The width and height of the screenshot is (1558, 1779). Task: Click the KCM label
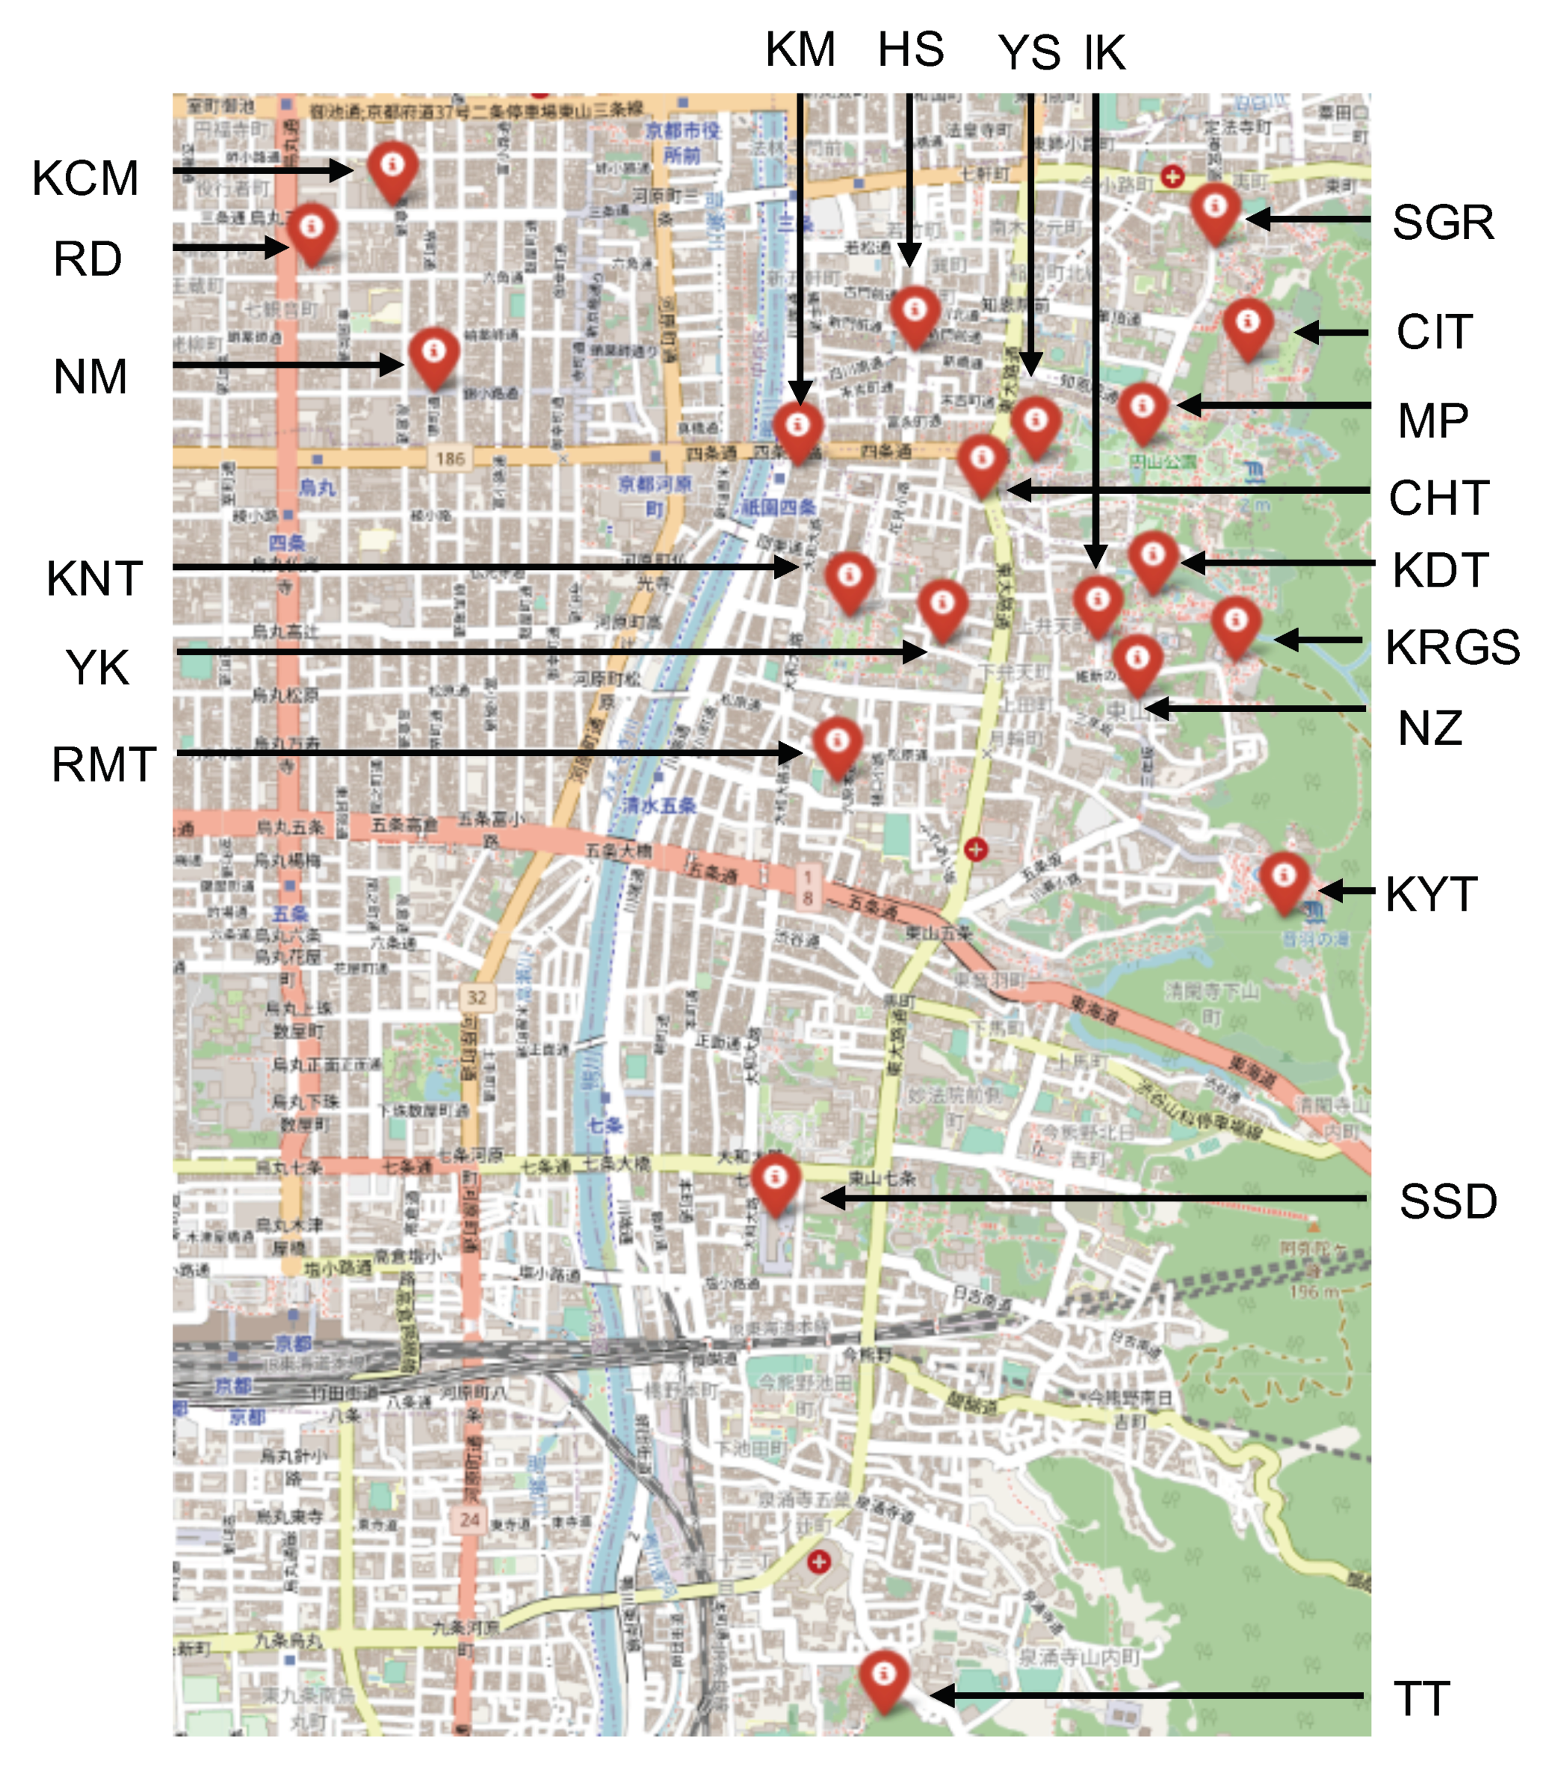tap(85, 179)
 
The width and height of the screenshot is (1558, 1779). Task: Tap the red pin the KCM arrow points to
tap(392, 169)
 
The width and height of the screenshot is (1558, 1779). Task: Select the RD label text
tap(87, 259)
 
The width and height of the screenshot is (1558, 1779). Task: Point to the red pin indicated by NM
tap(434, 355)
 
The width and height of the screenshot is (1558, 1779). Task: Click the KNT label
tap(94, 578)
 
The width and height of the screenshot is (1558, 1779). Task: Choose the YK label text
tap(97, 668)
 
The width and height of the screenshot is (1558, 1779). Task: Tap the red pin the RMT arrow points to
tap(837, 745)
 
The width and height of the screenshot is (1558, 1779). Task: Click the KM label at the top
tap(800, 49)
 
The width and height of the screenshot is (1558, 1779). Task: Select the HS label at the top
tap(910, 49)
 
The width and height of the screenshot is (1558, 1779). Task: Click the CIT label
tap(1435, 332)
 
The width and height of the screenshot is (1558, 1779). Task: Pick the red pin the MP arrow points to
tap(1143, 410)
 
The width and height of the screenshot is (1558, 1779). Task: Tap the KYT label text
tap(1431, 894)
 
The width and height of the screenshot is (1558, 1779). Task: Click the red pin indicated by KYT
tap(1284, 880)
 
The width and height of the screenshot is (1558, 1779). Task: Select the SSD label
tap(1447, 1201)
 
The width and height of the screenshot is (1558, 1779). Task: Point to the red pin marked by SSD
tap(775, 1183)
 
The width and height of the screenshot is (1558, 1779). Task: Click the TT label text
tap(1421, 1699)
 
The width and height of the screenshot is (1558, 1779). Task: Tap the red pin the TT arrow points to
tap(883, 1678)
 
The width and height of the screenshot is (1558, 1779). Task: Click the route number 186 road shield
tap(451, 458)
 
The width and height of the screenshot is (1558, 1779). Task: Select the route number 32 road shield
tap(477, 997)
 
